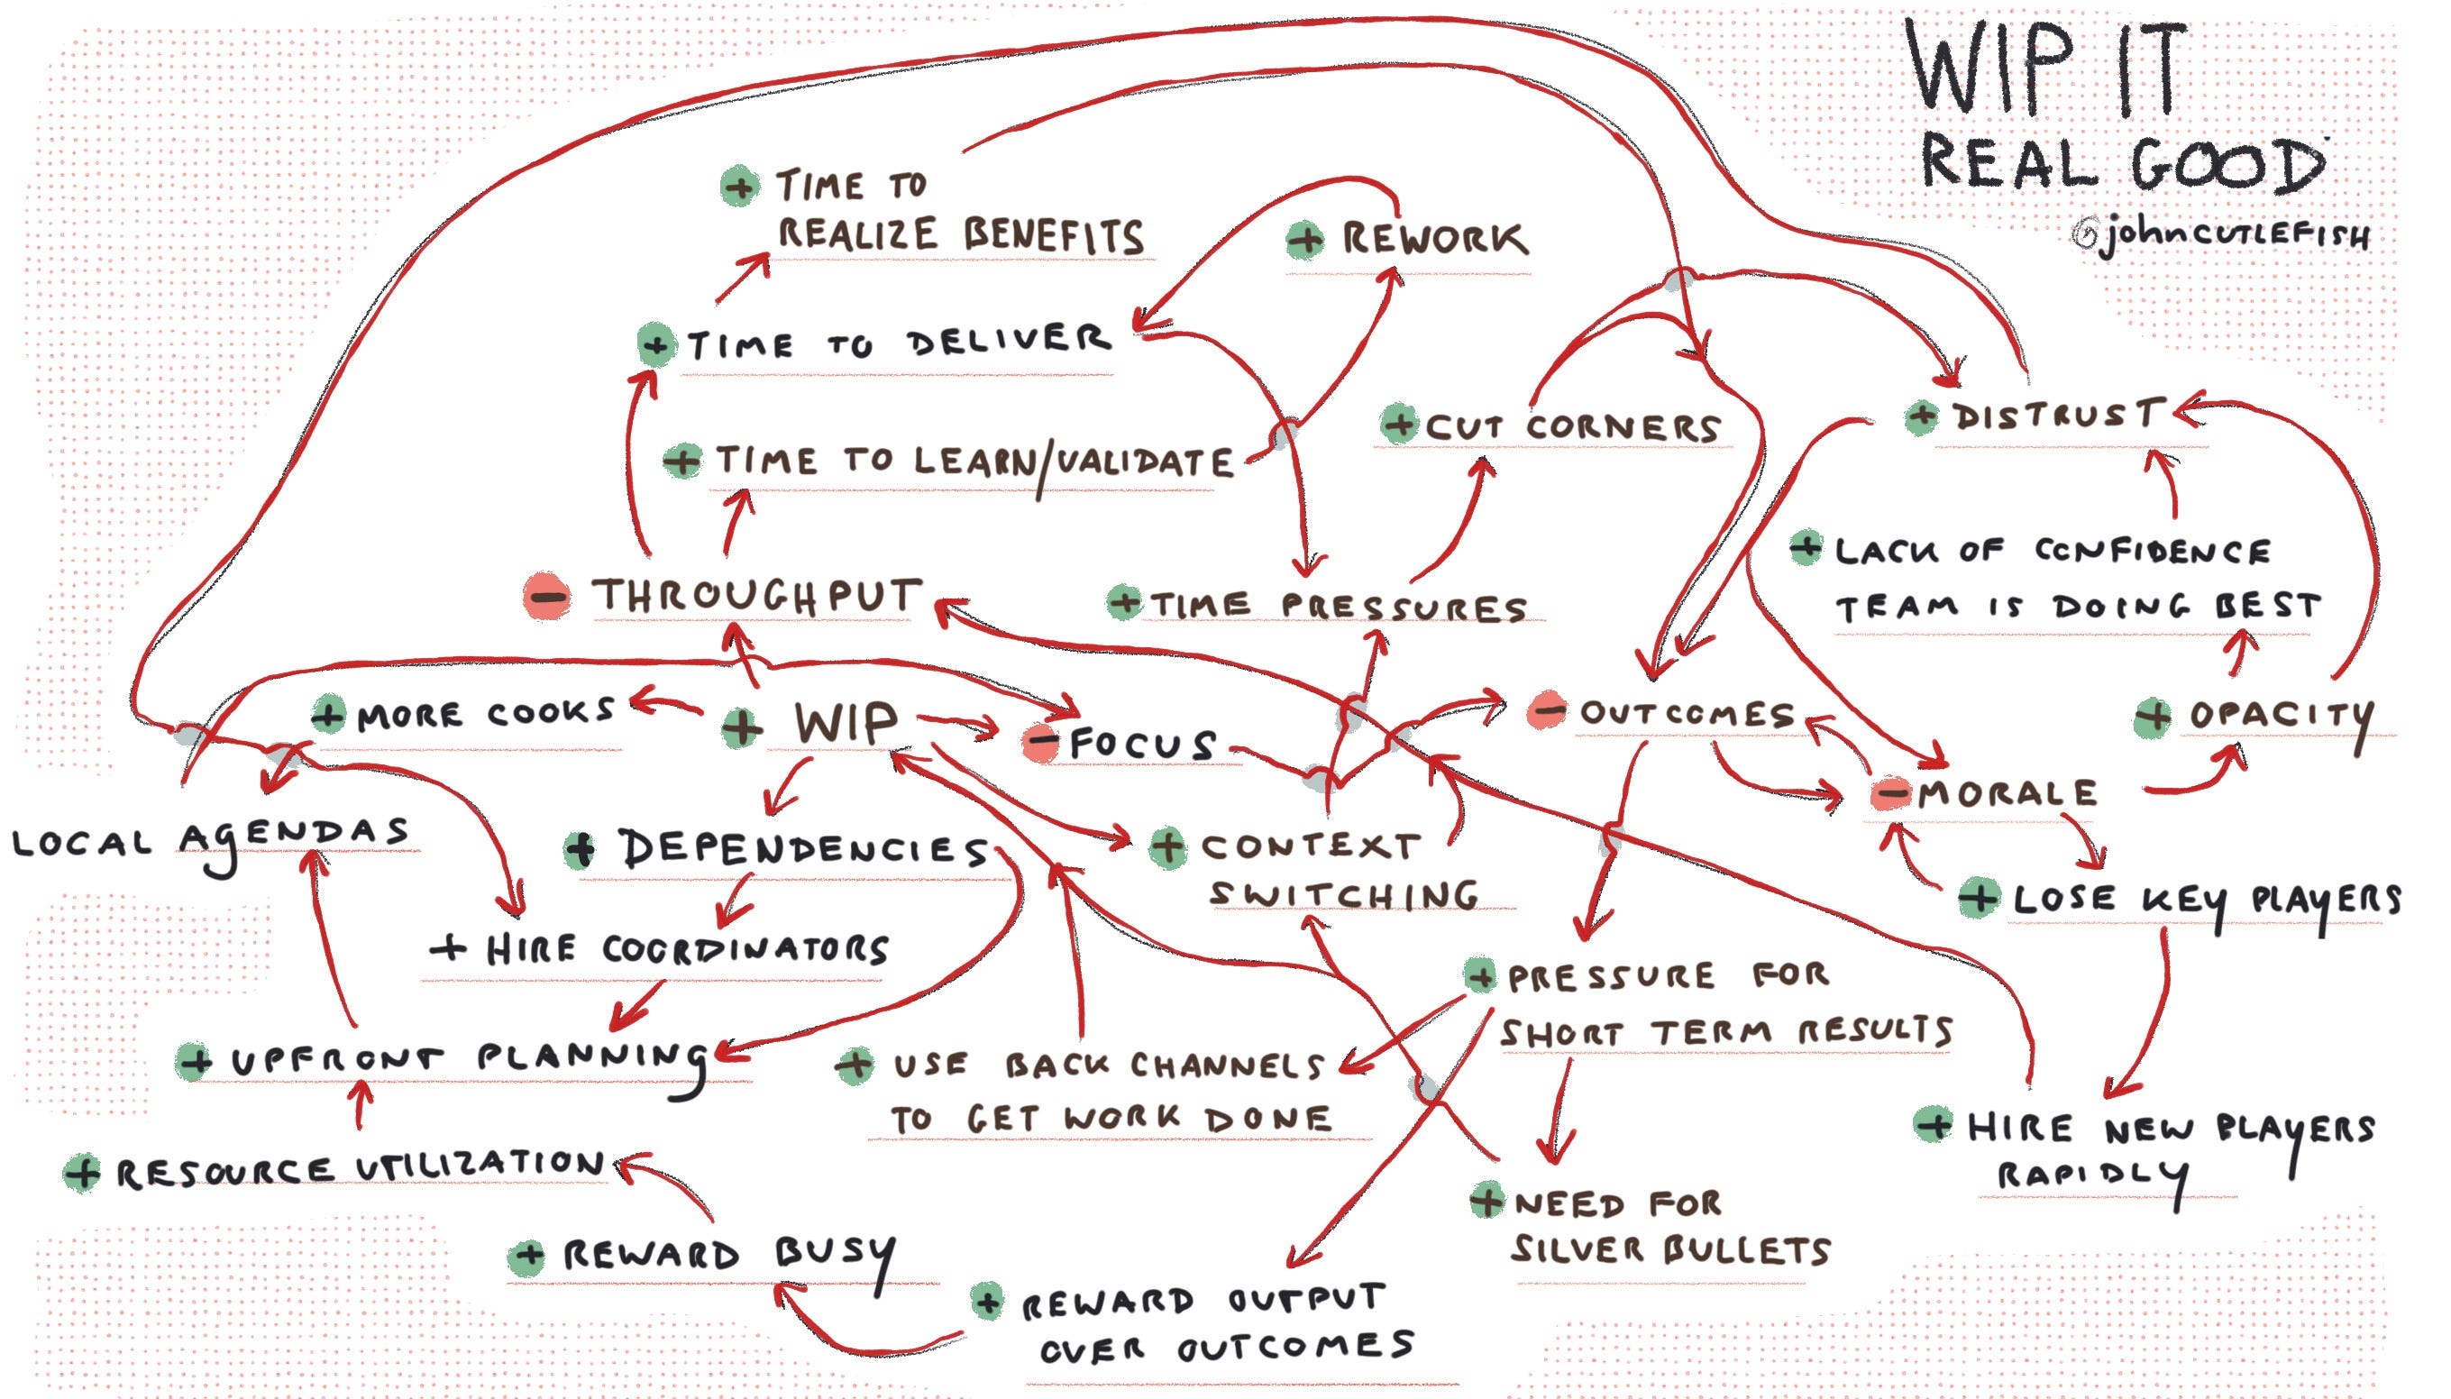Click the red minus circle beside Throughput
click(546, 597)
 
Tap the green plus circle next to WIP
click(741, 727)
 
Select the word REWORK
click(1433, 238)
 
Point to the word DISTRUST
click(2057, 416)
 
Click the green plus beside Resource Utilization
click(82, 1174)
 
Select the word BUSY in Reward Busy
click(834, 1255)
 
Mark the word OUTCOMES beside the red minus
click(1687, 713)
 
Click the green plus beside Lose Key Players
click(1979, 898)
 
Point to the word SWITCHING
click(1342, 894)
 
